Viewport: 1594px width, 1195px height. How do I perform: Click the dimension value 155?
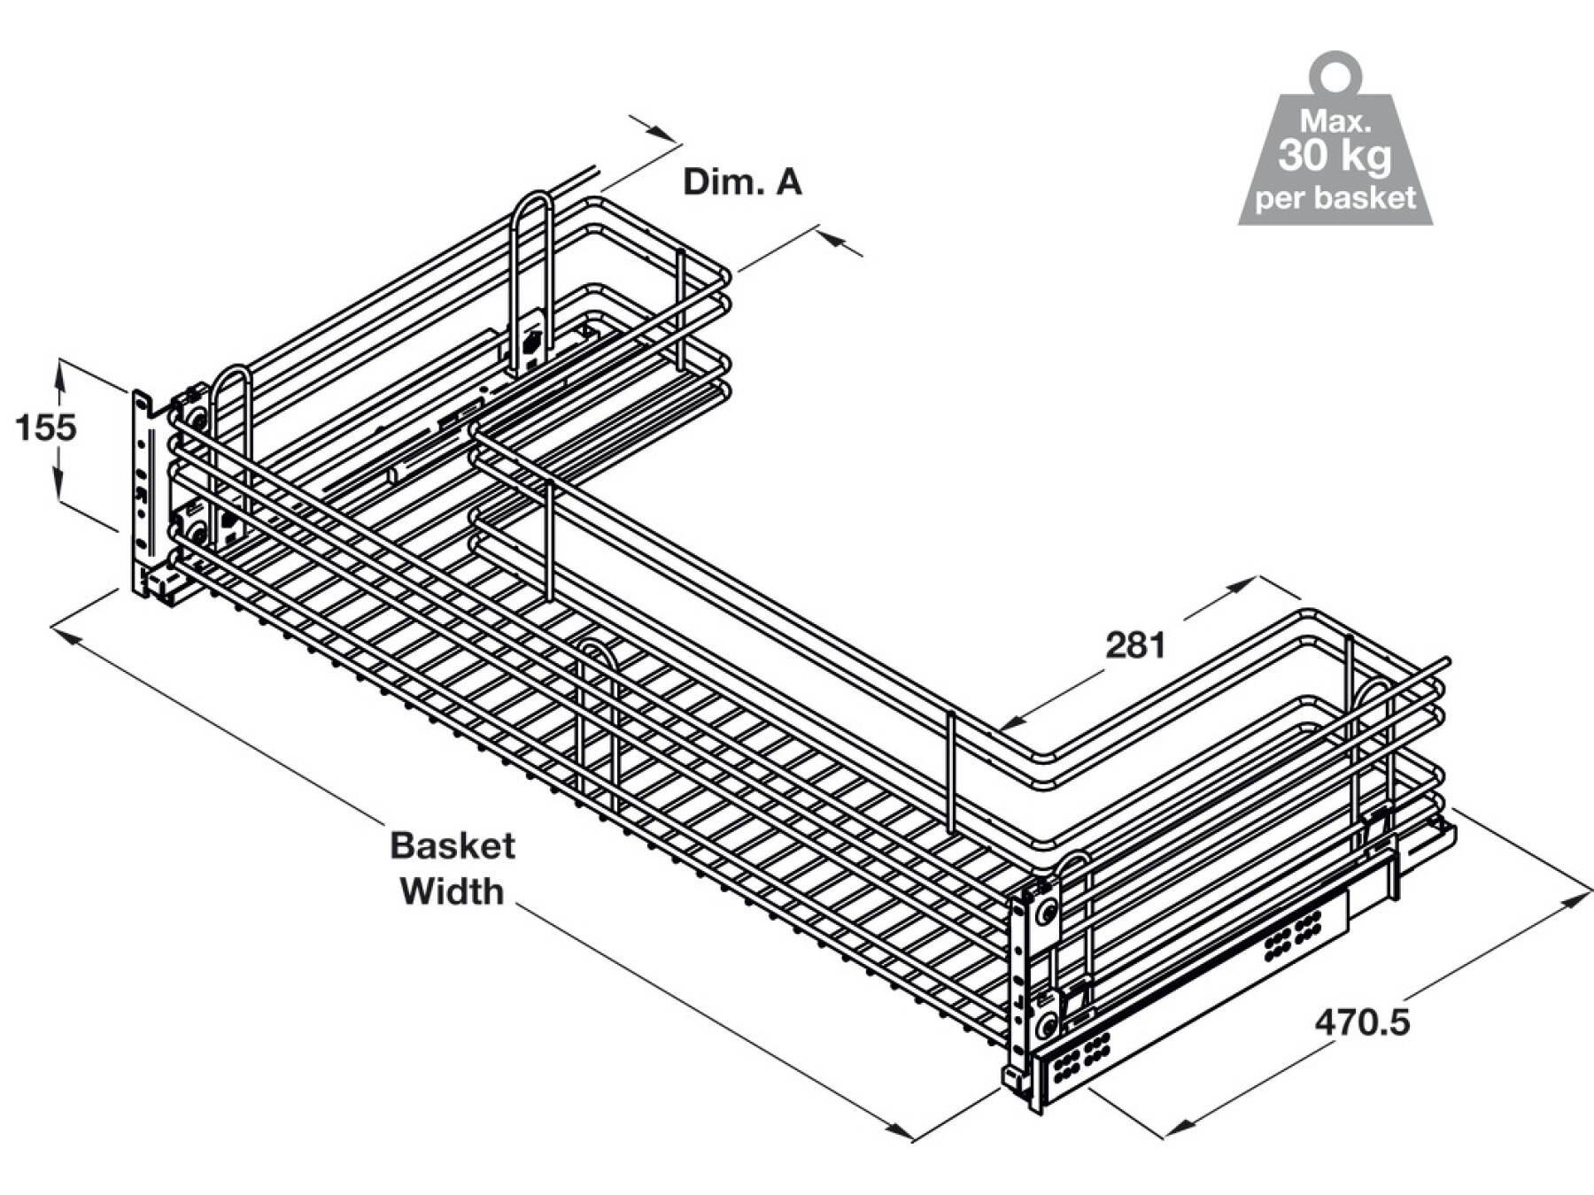[x=46, y=428]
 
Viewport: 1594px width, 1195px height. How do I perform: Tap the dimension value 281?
[x=1135, y=645]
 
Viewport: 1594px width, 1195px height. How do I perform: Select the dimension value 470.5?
[x=1362, y=1023]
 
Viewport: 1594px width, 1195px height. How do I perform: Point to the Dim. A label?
[x=742, y=181]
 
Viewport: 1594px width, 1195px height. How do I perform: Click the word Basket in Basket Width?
[x=452, y=845]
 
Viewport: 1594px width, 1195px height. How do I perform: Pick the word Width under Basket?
[x=452, y=891]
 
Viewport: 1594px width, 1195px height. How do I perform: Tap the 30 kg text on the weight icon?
[x=1335, y=156]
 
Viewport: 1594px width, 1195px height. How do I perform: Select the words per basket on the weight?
[x=1335, y=197]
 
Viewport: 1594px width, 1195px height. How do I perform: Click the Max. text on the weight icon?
[x=1335, y=120]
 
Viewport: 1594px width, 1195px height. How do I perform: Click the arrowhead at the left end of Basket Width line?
[x=66, y=633]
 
